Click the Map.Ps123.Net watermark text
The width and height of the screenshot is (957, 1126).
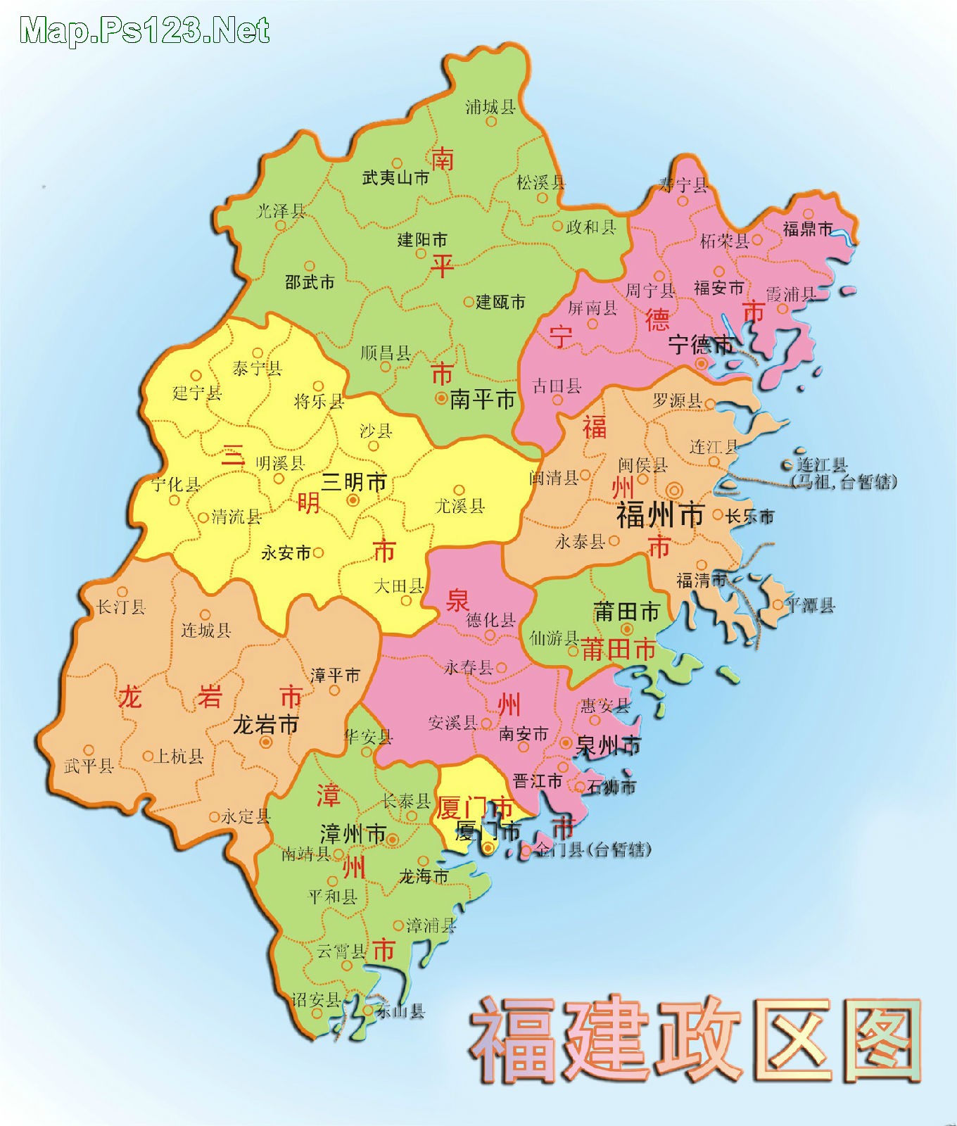(145, 31)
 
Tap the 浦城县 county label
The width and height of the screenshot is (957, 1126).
(490, 107)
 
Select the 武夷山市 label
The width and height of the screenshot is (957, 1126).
(395, 178)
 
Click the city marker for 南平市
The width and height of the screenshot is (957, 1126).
(441, 399)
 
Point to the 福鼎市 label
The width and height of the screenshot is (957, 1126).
(808, 229)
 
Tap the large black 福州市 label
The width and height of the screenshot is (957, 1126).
(660, 516)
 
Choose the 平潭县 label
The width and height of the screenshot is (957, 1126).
(810, 605)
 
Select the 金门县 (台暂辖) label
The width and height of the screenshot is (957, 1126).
(592, 850)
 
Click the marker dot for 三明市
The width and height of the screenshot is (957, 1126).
(353, 500)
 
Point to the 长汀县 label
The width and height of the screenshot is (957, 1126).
(121, 607)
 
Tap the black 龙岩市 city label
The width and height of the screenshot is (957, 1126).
(265, 725)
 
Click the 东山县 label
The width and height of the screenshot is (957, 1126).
(400, 1012)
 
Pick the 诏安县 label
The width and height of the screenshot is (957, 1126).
(317, 999)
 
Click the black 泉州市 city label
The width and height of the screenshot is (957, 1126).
(608, 745)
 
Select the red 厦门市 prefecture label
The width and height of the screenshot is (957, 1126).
(474, 807)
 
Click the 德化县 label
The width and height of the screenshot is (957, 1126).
(490, 620)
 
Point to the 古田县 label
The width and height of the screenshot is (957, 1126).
(557, 386)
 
